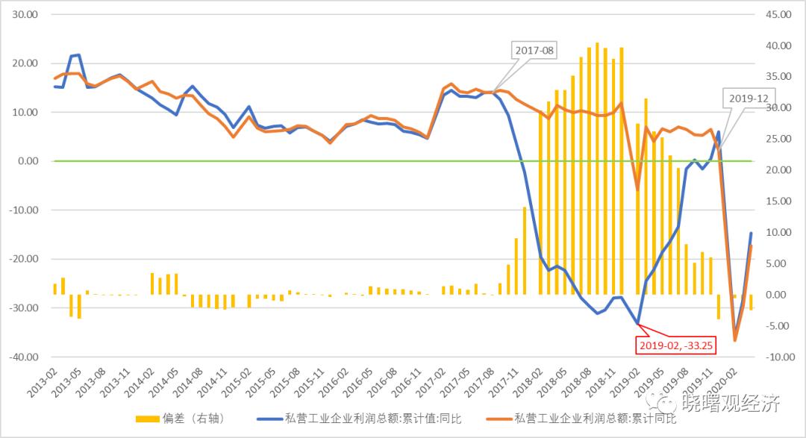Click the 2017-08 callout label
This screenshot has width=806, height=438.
[x=534, y=51]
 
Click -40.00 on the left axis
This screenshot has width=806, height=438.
[x=23, y=357]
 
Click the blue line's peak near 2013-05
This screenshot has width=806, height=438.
[x=78, y=54]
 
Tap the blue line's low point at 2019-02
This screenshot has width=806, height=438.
[x=637, y=324]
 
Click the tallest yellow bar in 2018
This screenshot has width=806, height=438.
[x=597, y=169]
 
